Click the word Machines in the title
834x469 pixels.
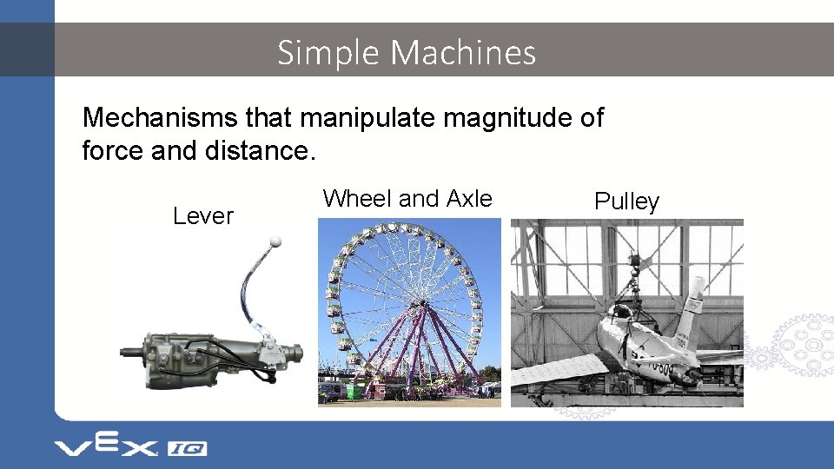[x=463, y=53]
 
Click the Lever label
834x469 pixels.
[x=203, y=216]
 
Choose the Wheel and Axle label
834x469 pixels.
[x=407, y=199]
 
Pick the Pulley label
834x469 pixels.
[x=626, y=201]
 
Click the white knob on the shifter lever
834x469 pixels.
[x=275, y=241]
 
